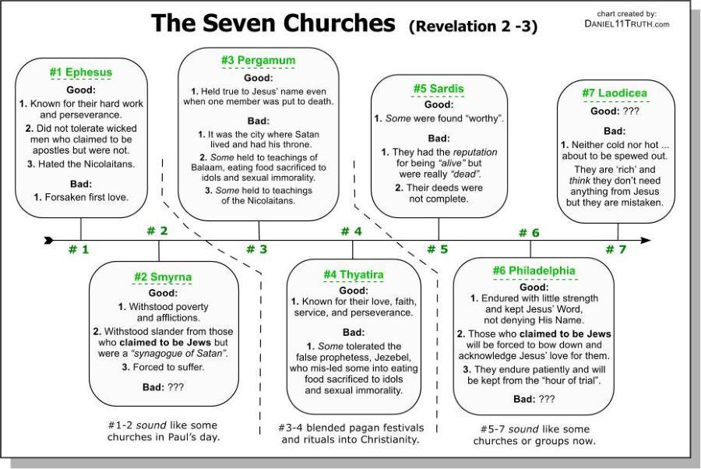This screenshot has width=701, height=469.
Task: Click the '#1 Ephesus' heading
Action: point(81,72)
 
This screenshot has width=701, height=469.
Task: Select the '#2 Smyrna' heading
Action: point(162,277)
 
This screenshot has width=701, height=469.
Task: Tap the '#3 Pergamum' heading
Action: point(258,61)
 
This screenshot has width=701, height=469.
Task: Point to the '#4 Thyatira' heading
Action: point(353,275)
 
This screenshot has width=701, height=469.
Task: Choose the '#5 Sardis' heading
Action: point(438,89)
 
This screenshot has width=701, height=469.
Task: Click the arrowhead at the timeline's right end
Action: point(646,240)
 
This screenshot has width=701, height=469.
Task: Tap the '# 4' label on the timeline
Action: point(351,231)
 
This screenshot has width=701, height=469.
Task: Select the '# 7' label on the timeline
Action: point(615,250)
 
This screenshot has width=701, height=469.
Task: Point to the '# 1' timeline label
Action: point(79,250)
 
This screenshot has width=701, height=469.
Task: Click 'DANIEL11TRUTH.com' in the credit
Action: point(626,24)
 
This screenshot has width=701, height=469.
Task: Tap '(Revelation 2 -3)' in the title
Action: point(472,26)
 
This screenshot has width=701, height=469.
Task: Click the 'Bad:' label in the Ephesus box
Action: point(81,183)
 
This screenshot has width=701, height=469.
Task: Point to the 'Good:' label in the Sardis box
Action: point(439,104)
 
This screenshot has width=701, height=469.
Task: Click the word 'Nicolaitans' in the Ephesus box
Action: point(105,164)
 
